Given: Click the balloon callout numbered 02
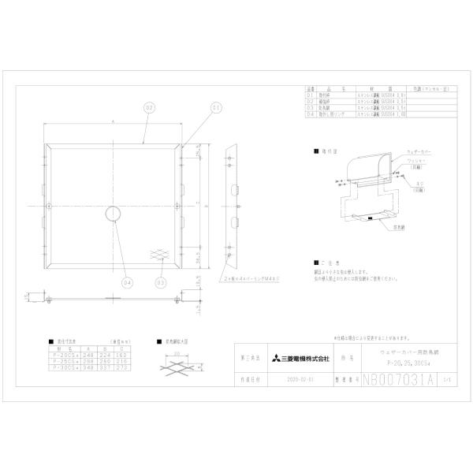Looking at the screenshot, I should click(x=147, y=106).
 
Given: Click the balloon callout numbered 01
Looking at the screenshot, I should click(x=214, y=106).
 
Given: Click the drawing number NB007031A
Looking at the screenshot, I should click(x=399, y=378).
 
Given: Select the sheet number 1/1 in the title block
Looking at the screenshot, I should click(x=448, y=378).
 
